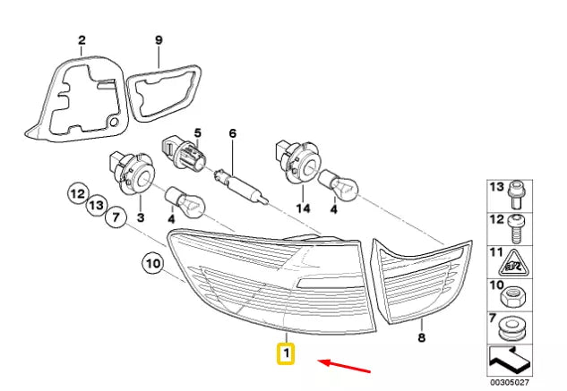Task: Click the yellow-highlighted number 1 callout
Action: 286,353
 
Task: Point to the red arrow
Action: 344,366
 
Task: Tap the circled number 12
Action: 78,194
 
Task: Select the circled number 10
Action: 153,263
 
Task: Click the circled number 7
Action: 116,217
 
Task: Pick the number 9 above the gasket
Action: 159,40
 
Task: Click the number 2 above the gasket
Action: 82,40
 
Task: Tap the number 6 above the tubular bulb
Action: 233,133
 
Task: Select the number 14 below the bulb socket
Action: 303,208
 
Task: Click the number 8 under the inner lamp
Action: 422,337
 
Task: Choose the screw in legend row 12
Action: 515,229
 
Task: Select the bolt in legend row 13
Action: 515,196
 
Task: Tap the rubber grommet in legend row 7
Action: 513,329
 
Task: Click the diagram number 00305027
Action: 509,382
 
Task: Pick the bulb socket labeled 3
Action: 132,173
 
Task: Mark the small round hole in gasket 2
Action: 114,122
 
